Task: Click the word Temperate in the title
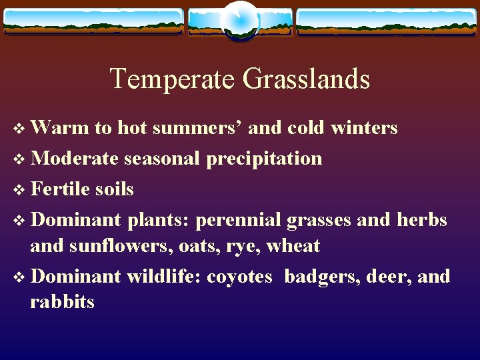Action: point(173,79)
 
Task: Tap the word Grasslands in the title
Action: point(306,79)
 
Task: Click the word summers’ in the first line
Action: point(197,127)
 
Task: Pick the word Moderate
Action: point(75,158)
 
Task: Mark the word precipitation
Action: point(265,158)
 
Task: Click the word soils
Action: point(114,189)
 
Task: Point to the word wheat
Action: point(293,246)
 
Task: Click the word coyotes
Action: point(239,276)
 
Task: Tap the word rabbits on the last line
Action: point(62,302)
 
